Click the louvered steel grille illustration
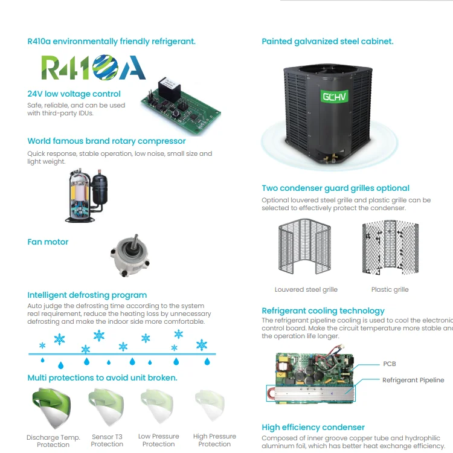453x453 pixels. (x=306, y=249)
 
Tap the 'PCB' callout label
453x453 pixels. (x=390, y=364)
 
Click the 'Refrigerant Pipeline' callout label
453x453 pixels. (x=413, y=381)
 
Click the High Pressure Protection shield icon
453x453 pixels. (x=212, y=408)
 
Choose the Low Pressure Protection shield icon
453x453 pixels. (x=158, y=408)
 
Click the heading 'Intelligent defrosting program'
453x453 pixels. (x=87, y=295)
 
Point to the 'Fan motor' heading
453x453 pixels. (x=48, y=242)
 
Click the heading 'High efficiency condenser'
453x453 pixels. (x=313, y=428)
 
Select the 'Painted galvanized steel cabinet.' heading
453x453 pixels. (x=327, y=42)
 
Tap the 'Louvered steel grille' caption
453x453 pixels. (x=306, y=290)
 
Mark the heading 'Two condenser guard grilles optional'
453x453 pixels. (x=335, y=188)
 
